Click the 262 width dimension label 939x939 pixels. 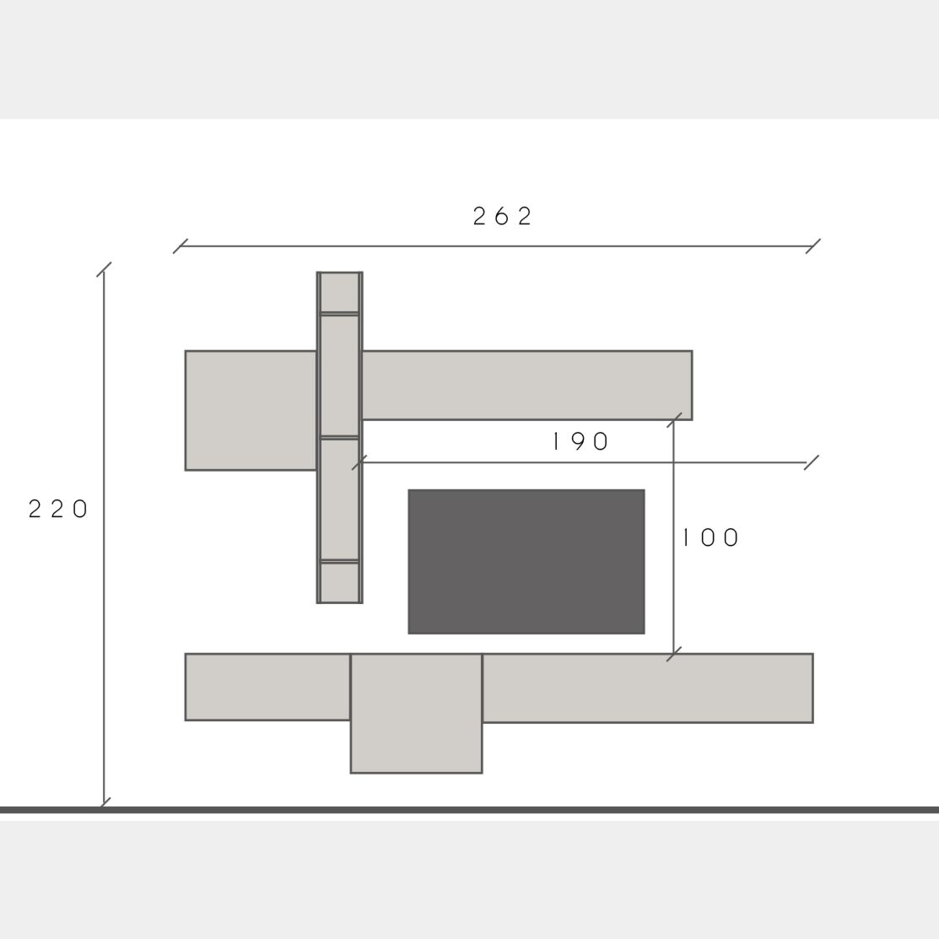(502, 216)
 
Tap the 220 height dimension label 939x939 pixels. (58, 509)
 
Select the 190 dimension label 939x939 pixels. (580, 441)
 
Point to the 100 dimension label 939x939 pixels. (711, 537)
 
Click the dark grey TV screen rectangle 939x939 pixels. (526, 562)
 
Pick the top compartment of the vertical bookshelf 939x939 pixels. (339, 292)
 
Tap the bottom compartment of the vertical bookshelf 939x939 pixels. (339, 582)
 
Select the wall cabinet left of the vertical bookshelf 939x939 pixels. (251, 410)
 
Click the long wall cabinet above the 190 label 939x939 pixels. (527, 385)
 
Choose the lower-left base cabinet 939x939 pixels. (267, 687)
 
